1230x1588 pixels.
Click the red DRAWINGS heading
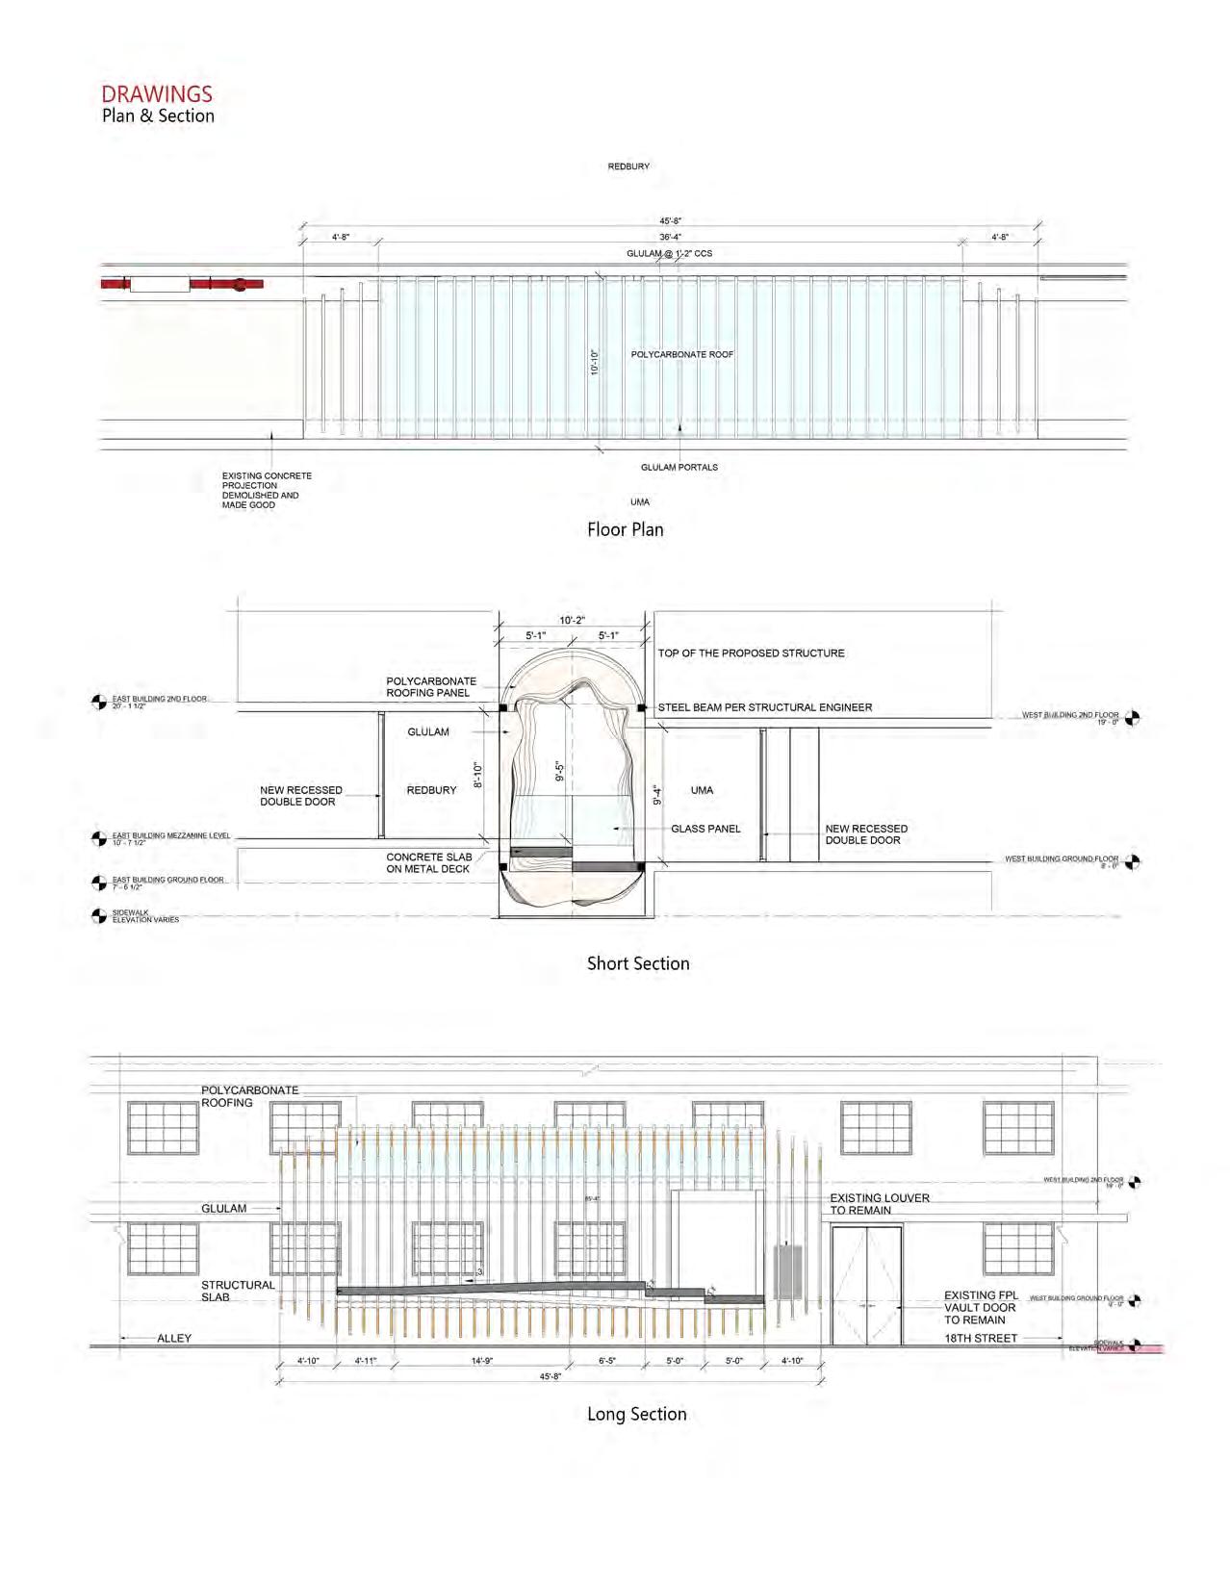[157, 93]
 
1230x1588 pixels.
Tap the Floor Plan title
[625, 529]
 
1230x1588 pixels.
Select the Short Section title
[638, 963]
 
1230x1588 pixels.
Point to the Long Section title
[636, 1414]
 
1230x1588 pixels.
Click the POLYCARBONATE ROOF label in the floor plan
[681, 354]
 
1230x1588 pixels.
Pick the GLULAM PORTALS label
[679, 467]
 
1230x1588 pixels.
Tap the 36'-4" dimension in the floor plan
[670, 237]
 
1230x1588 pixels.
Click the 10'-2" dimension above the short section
[572, 621]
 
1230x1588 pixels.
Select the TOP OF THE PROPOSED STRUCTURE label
[751, 653]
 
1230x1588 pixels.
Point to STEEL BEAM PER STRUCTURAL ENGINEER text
[764, 707]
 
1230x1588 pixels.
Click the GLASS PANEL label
[705, 829]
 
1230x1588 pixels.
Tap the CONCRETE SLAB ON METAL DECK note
[428, 862]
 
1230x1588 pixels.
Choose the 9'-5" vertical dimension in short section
[559, 771]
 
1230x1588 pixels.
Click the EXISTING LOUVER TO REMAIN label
[879, 1204]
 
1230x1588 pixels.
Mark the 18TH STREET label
[980, 1338]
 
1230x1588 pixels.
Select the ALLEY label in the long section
[174, 1338]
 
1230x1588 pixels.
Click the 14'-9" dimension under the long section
[482, 1361]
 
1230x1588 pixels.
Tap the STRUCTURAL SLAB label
[237, 1291]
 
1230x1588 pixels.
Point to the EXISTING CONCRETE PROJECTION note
[266, 490]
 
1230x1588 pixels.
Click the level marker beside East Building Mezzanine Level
[99, 838]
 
